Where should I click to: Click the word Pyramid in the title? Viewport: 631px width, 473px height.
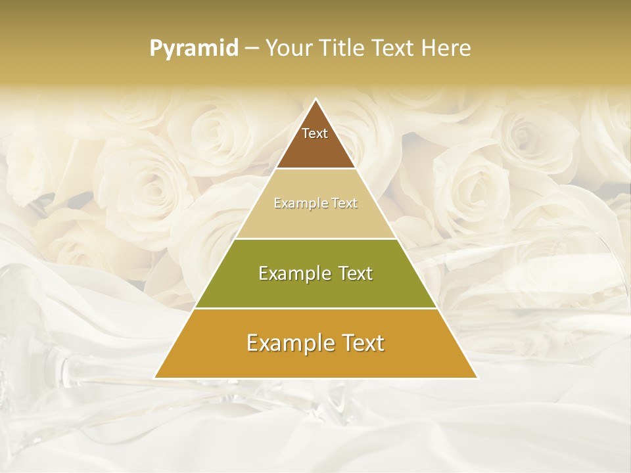coord(194,49)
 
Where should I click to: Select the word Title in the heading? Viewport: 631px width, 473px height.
coord(344,49)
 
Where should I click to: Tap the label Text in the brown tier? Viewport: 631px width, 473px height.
coord(315,133)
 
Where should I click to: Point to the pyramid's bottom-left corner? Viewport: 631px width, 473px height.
coord(154,378)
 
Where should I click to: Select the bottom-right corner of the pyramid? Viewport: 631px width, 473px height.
coord(477,378)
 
